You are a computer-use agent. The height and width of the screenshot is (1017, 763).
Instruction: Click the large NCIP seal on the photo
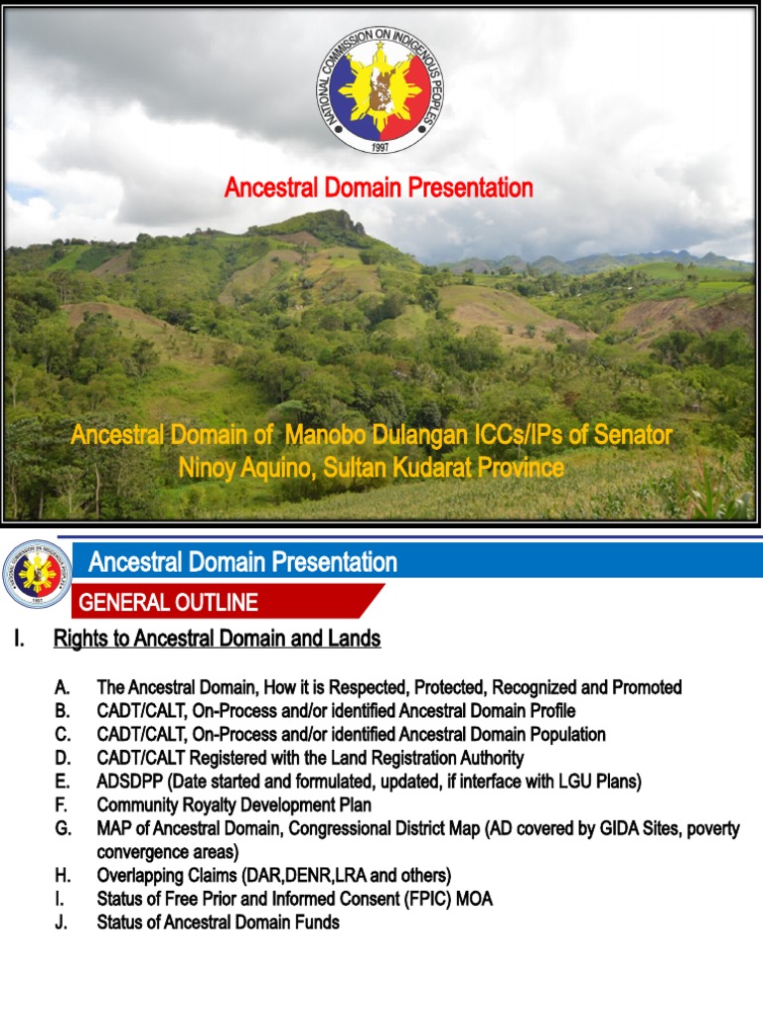click(381, 90)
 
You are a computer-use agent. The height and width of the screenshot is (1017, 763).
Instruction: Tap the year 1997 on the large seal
click(381, 146)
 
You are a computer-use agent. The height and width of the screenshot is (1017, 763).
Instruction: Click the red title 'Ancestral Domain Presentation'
click(379, 188)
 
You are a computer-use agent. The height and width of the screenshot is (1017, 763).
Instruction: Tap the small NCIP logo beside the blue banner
click(37, 573)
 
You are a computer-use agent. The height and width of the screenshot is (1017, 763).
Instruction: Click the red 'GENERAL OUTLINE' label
click(168, 603)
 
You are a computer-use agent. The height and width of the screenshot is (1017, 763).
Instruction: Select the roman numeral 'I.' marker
click(19, 640)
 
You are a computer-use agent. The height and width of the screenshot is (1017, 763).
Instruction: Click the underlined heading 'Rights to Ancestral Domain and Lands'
click(217, 640)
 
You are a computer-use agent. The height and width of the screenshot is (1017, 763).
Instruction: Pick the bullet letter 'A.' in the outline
click(63, 687)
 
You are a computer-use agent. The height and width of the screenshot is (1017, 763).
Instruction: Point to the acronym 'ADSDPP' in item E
click(128, 782)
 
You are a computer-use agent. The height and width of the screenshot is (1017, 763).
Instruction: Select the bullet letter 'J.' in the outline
click(62, 923)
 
